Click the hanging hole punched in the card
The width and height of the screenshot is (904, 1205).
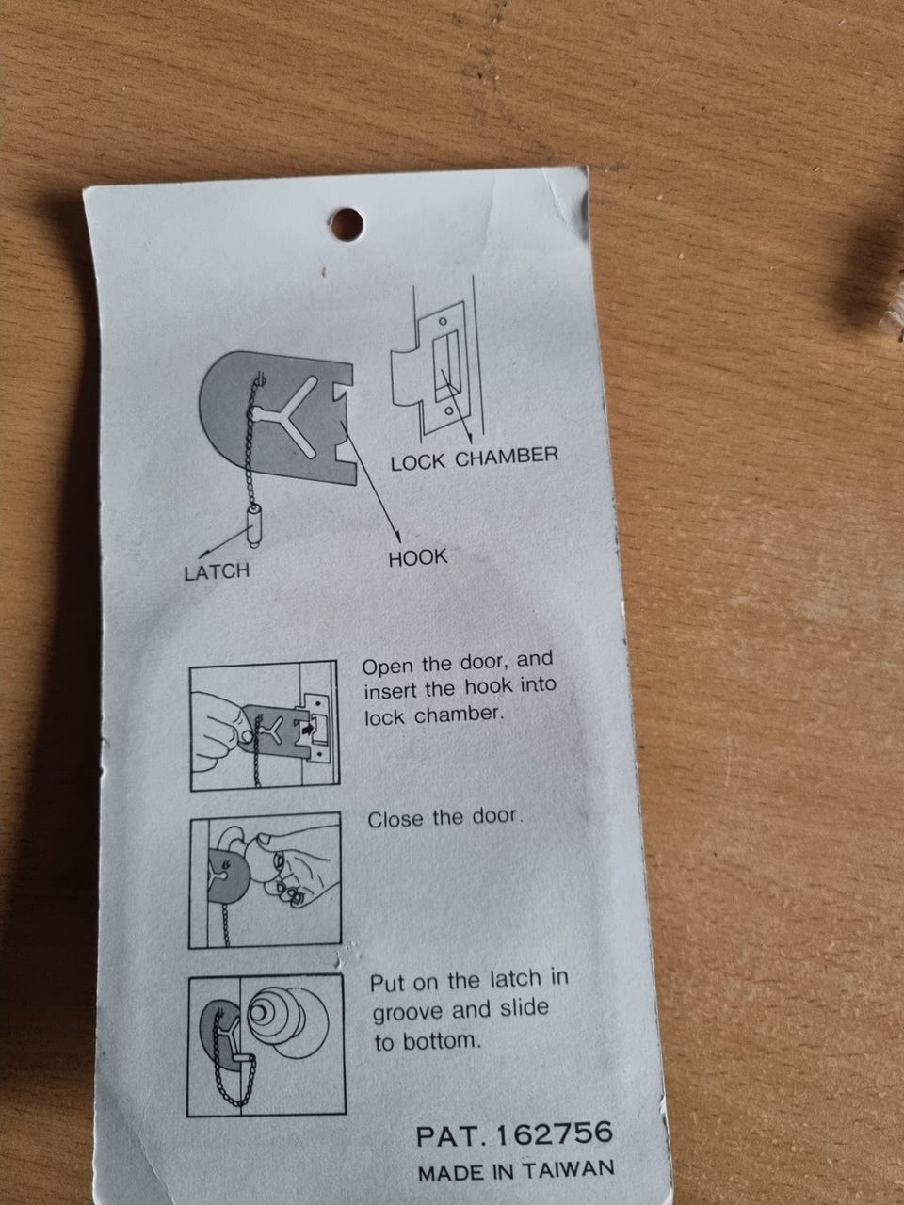coord(347,224)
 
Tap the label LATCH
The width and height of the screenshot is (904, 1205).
coord(217,572)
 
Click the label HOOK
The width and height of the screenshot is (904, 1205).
coord(418,558)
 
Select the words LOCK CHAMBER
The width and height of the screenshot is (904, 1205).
coord(475,458)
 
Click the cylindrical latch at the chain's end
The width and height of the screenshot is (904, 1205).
coord(255,527)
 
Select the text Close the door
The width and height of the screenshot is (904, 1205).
coord(444,818)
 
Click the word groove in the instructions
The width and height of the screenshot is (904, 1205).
coord(408,1011)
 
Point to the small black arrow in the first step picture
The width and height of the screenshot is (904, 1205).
coord(304,729)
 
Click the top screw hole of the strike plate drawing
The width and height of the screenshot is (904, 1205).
coord(443,320)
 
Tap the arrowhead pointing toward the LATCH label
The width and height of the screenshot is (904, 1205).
coord(203,554)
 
